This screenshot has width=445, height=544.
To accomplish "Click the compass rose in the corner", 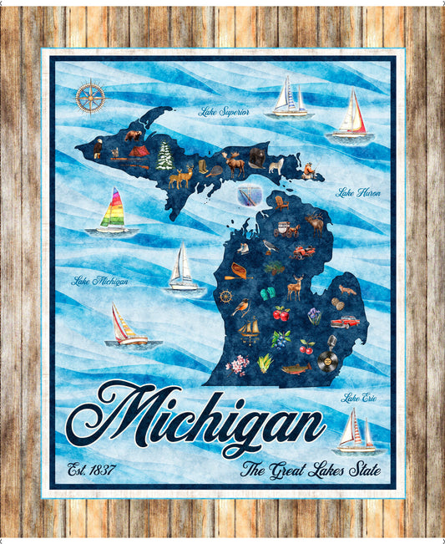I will click(x=89, y=97).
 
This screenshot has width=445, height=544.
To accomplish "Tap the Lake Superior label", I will click(x=223, y=111).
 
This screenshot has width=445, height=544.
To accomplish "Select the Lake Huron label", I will click(x=358, y=193).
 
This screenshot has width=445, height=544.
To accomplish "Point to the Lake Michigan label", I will click(x=100, y=281).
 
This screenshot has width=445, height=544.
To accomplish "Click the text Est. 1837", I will click(x=91, y=469).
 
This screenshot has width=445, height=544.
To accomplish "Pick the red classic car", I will click(x=344, y=321).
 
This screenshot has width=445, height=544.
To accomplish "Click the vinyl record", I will click(x=328, y=363).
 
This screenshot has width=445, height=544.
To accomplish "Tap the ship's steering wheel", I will click(x=225, y=296).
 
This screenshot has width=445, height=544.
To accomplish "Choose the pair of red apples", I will click(x=281, y=314).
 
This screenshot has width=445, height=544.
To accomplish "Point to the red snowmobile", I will click(x=303, y=251).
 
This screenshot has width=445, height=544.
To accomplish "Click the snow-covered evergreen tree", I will click(x=164, y=155).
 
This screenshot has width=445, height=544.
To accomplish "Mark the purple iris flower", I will click(x=314, y=315).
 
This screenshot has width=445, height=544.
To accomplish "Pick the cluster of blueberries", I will click(x=281, y=338).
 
